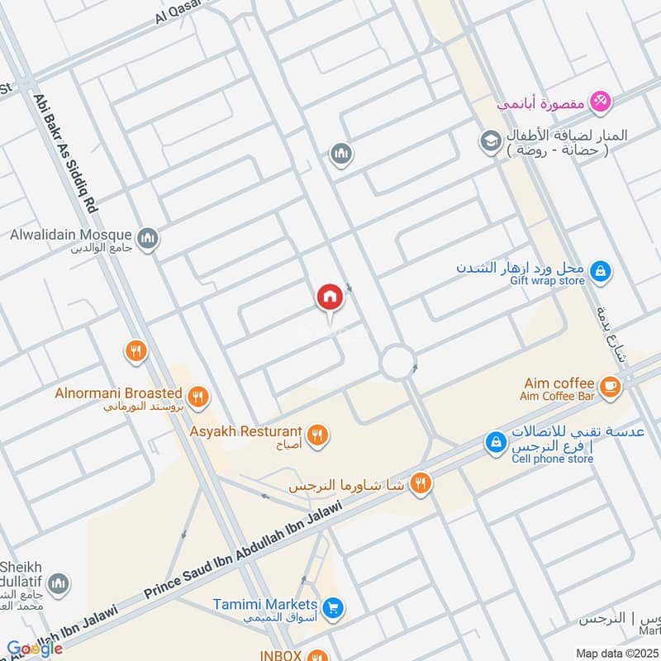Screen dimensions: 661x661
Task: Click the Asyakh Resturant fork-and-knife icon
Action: tap(316, 434)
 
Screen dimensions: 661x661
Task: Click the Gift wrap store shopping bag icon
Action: tap(602, 270)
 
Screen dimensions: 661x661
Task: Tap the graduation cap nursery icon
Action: tap(490, 140)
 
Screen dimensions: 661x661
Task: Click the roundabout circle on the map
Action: tap(397, 362)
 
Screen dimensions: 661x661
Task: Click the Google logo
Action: tap(35, 649)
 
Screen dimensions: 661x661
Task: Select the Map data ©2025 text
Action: tap(617, 654)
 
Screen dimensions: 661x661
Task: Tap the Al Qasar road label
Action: tap(176, 11)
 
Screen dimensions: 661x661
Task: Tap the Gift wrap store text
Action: tap(547, 281)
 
